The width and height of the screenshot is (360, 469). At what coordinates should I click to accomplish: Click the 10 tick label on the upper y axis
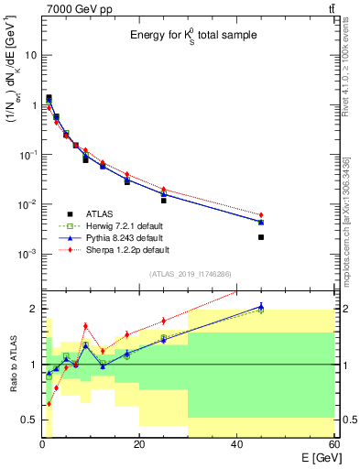31,55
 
